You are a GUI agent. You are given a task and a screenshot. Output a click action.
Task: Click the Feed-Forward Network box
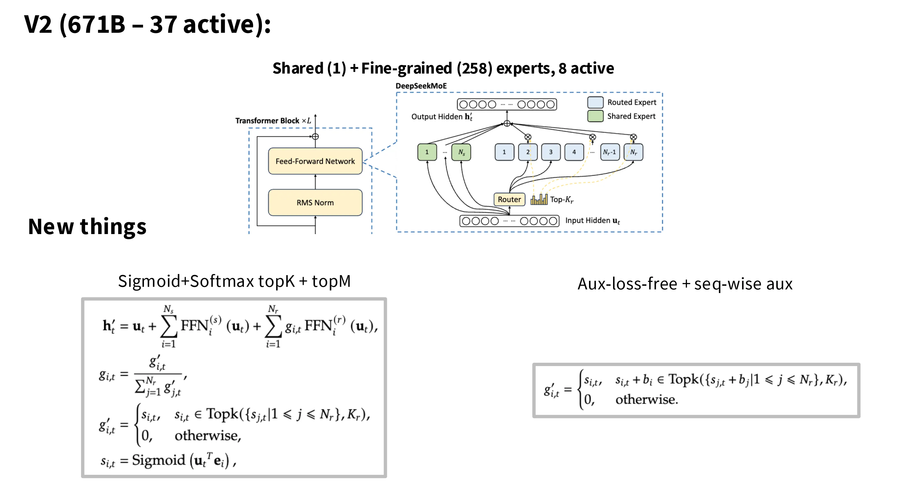pyautogui.click(x=315, y=161)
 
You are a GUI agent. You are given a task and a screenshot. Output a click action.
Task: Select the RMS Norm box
pyautogui.click(x=315, y=203)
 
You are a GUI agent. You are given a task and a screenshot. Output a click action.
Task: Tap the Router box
pyautogui.click(x=509, y=199)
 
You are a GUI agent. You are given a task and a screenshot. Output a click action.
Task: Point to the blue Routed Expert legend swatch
pyautogui.click(x=595, y=103)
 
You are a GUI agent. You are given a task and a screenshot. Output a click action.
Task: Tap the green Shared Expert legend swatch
pyautogui.click(x=595, y=116)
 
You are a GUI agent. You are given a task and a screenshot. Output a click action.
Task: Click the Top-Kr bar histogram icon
pyautogui.click(x=539, y=199)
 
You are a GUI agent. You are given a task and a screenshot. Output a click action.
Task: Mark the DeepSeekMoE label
pyautogui.click(x=421, y=86)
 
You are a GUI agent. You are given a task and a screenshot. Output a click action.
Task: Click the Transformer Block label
pyautogui.click(x=267, y=121)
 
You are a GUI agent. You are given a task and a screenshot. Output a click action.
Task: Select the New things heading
pyautogui.click(x=87, y=227)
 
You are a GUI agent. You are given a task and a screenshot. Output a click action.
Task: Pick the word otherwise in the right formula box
pyautogui.click(x=646, y=399)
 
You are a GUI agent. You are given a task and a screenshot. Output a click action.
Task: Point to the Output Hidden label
pyautogui.click(x=437, y=117)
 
